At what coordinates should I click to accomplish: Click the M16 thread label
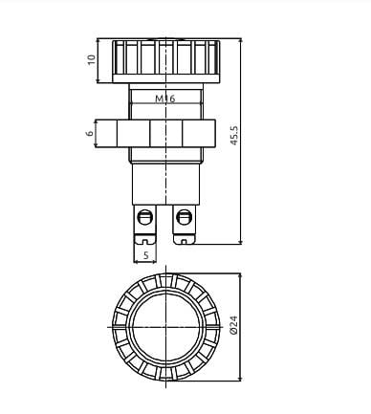coord(164,98)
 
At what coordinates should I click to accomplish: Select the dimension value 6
coord(91,133)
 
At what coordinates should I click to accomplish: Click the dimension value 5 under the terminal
coord(145,255)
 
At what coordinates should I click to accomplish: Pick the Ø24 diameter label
coord(234,330)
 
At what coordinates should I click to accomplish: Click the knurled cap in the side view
coord(164,58)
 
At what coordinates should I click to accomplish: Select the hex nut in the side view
coord(164,132)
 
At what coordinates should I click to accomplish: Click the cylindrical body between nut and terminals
coord(164,177)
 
